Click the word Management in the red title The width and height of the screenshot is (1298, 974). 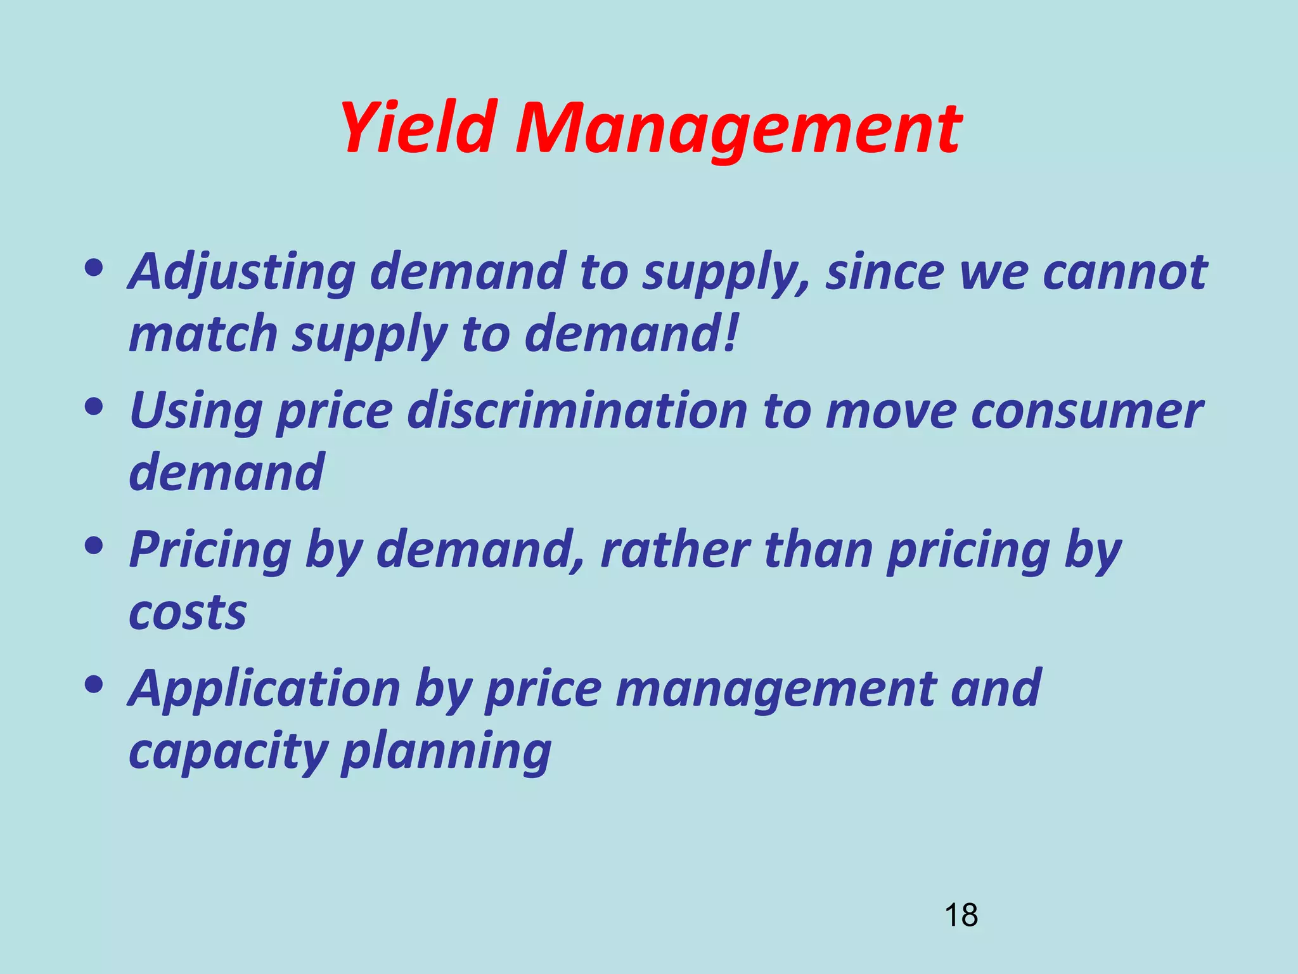tap(738, 130)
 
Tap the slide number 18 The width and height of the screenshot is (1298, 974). tap(961, 916)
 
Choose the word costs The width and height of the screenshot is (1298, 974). tap(188, 613)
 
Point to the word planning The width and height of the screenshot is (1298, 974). tap(446, 753)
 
